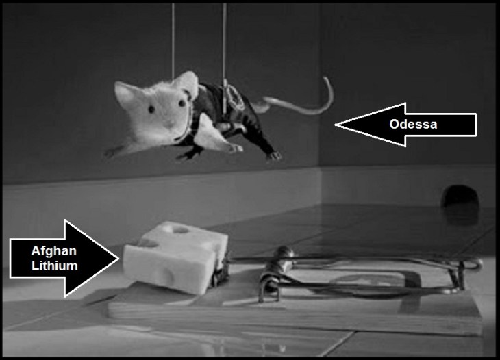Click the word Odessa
coord(413,124)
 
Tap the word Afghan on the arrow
coord(49,250)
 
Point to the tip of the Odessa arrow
coord(337,124)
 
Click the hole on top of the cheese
coord(183,228)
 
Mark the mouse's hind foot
coord(273,156)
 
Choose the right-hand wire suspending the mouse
coord(225,41)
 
